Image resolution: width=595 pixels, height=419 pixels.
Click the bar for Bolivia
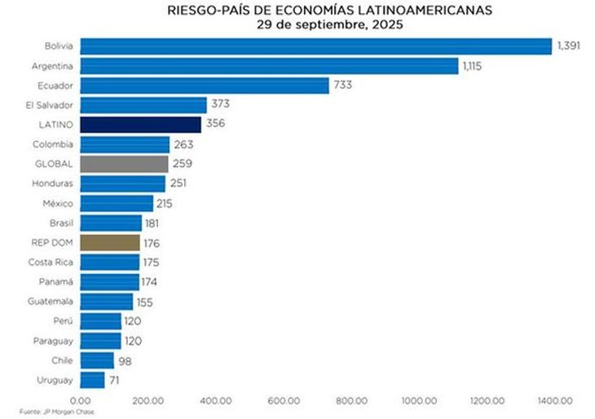click(316, 46)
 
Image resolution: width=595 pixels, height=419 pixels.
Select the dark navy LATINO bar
click(141, 125)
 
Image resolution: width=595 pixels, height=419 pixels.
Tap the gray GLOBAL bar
click(125, 164)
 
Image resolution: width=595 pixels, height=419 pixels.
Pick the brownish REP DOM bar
click(110, 242)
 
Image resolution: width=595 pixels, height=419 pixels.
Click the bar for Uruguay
click(92, 380)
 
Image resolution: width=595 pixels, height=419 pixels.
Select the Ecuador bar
click(205, 85)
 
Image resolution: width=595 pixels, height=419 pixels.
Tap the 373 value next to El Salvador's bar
click(220, 104)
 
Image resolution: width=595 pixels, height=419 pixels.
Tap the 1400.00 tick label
click(554, 400)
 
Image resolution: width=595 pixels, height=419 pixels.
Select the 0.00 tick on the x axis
click(81, 400)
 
